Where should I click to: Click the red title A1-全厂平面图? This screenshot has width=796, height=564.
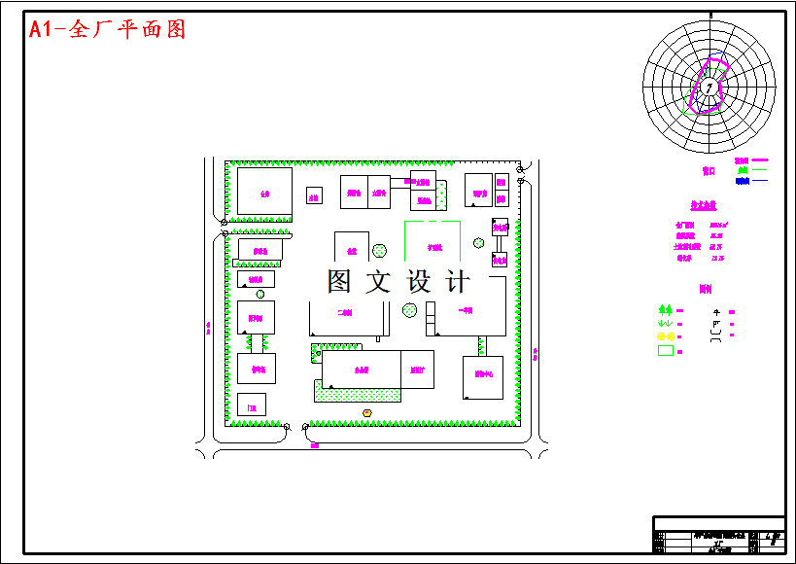107,29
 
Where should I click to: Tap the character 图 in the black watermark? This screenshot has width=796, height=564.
340,282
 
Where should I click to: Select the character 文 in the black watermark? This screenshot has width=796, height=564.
379,282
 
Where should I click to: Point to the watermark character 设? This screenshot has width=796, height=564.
418,282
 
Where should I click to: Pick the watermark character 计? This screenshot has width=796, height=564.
457,282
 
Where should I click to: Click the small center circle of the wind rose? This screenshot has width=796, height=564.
709,88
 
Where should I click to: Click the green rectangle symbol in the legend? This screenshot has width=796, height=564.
666,350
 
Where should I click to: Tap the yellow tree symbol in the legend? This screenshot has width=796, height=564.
666,336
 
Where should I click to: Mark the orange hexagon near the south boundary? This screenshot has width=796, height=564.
367,413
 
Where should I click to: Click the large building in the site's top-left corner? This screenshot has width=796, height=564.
264,192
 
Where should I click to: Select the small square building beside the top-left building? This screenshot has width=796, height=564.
314,195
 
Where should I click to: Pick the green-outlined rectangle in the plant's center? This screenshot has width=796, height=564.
433,243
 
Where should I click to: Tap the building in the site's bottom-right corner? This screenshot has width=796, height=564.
482,377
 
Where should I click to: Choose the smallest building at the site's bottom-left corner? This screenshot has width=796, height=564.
251,405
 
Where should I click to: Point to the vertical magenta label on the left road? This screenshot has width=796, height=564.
209,328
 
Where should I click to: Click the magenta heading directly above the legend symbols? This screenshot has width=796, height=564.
705,289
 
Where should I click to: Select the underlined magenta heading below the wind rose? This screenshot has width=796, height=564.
703,206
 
